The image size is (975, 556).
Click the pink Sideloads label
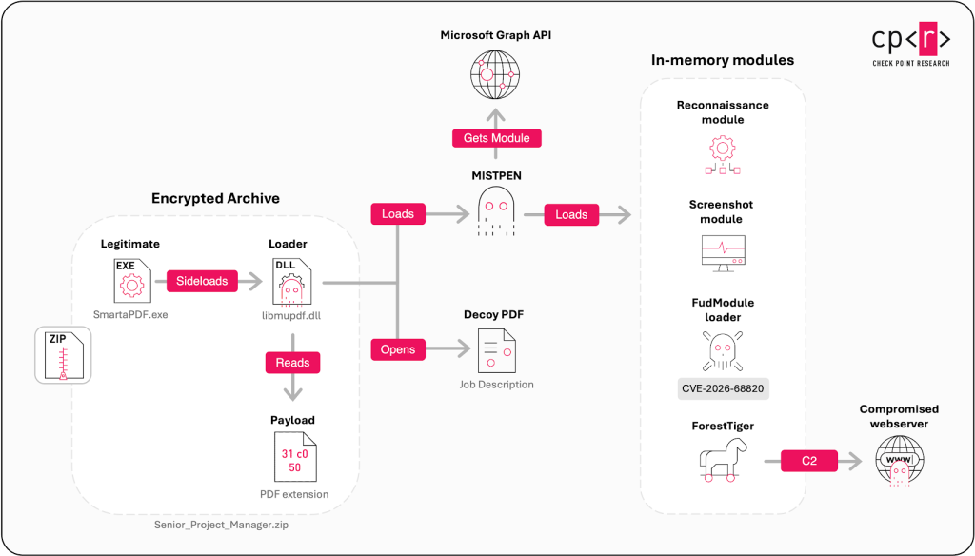tap(202, 281)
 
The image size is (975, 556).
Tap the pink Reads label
tap(292, 363)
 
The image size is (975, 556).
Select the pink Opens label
tap(398, 349)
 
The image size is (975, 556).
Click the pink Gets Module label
tap(497, 138)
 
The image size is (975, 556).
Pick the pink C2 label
tap(809, 461)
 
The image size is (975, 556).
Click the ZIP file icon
tap(63, 355)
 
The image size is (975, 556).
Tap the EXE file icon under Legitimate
tap(132, 281)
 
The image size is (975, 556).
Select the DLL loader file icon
tap(291, 283)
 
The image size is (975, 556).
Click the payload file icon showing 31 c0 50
tap(295, 457)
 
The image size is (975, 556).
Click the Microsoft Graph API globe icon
tap(495, 74)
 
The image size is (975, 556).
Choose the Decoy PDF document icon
tap(497, 350)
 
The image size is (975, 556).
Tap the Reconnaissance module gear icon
tap(723, 155)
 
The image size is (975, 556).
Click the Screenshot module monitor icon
tap(723, 253)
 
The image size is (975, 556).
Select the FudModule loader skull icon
tap(723, 350)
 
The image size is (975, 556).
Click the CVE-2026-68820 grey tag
tap(723, 388)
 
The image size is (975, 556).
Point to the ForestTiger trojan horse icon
tap(723, 460)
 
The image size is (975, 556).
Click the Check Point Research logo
tap(911, 44)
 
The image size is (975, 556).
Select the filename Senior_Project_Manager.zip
tap(221, 525)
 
